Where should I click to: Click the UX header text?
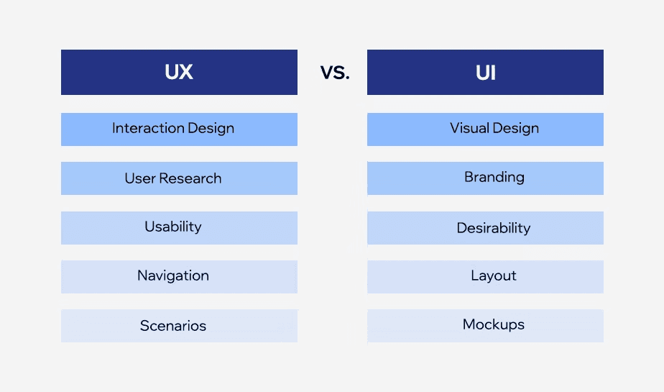(x=179, y=73)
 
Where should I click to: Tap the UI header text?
(x=486, y=73)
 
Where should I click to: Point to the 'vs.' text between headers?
(x=335, y=73)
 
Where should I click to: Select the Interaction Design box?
(x=179, y=129)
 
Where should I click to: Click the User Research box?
(x=179, y=178)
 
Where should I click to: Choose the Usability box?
(x=179, y=227)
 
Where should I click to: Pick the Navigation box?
(x=179, y=276)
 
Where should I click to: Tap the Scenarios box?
(x=179, y=326)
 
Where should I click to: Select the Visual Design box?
(x=485, y=129)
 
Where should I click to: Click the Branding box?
(x=485, y=178)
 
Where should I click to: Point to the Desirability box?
(x=485, y=228)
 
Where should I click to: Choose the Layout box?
(x=485, y=276)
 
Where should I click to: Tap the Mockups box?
(x=485, y=325)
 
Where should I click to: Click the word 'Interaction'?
(x=148, y=129)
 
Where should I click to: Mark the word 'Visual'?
(x=469, y=129)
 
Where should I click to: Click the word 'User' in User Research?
(x=140, y=178)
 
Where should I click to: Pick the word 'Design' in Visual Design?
(x=516, y=129)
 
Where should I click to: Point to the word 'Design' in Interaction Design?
(x=211, y=129)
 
